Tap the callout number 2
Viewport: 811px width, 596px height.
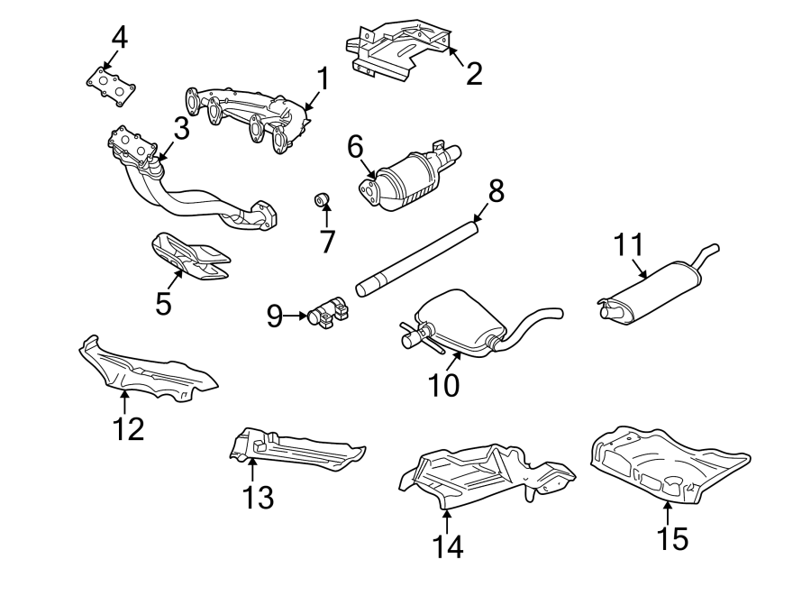coord(474,72)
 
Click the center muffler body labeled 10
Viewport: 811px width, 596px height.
coord(459,320)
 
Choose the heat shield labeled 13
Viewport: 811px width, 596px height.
coord(297,452)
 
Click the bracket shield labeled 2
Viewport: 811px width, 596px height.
coord(401,50)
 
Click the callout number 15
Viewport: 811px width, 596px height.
coord(671,538)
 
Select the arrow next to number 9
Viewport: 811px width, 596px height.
coord(295,316)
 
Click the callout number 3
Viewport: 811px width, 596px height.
coord(181,129)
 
